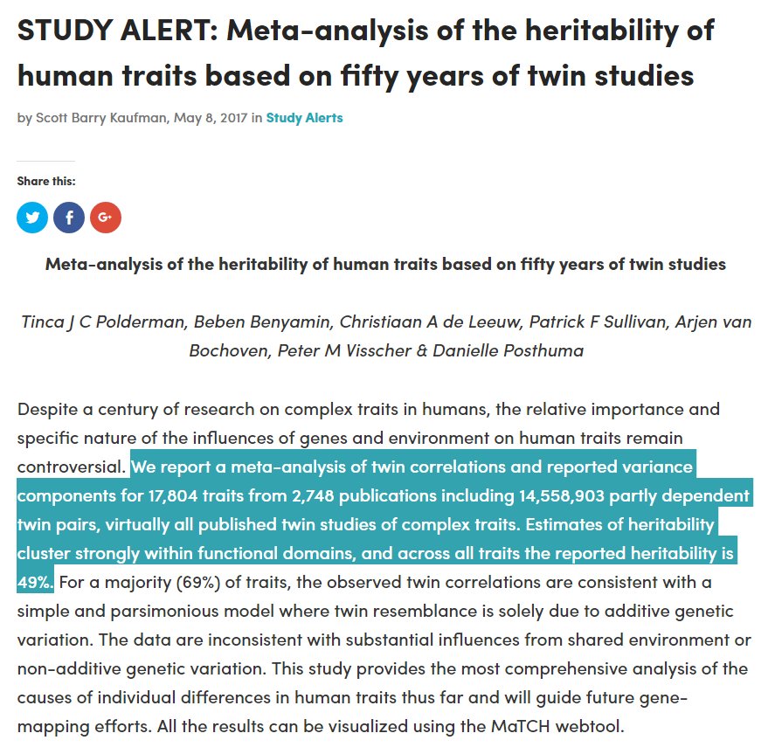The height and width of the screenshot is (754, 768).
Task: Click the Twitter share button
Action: [x=32, y=218]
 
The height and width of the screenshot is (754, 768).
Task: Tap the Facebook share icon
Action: [x=69, y=218]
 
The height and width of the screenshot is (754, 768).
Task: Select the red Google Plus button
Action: [x=105, y=218]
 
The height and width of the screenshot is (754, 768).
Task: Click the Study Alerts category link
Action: [x=304, y=117]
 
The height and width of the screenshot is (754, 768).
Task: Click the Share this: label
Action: [x=45, y=181]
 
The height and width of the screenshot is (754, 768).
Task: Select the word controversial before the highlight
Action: [x=71, y=467]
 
